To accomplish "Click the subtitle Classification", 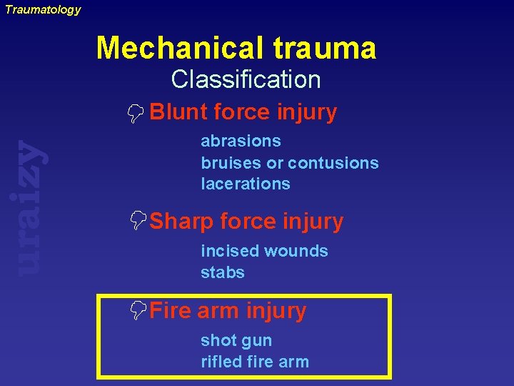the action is click(x=246, y=79).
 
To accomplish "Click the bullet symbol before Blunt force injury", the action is click(x=138, y=112).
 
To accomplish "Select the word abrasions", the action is click(x=241, y=141).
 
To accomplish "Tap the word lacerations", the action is click(x=246, y=184).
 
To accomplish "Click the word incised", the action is click(x=229, y=251).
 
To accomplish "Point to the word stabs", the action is click(x=223, y=272).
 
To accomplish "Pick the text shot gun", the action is click(x=236, y=340).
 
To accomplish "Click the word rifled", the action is click(x=221, y=362).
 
